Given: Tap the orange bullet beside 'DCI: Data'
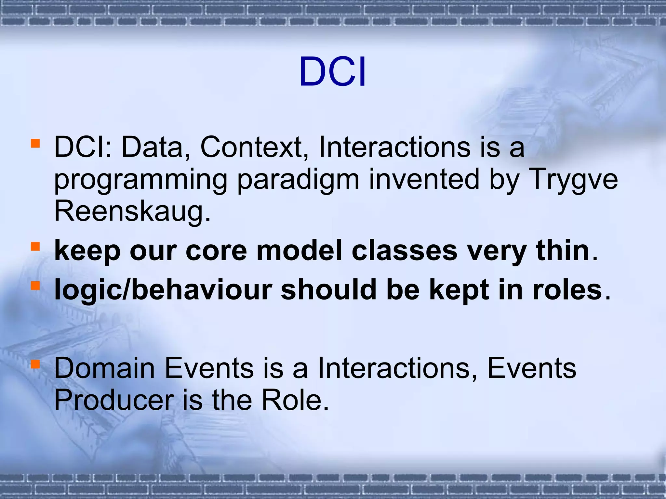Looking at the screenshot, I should click(35, 143).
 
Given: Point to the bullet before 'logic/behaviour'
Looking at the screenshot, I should click(35, 286).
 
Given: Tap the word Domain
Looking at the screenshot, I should click(104, 368).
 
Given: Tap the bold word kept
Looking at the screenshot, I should click(459, 290).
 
